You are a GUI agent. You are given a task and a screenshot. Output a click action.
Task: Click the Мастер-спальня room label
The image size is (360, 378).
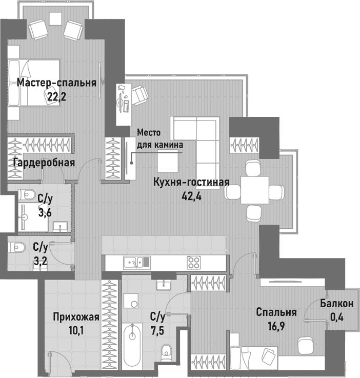(56, 83)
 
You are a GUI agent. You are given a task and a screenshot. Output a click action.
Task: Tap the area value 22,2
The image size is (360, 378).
(56, 96)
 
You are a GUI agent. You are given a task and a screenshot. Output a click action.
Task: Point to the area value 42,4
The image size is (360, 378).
(191, 195)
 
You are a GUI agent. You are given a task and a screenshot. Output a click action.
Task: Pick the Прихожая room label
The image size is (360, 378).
(76, 316)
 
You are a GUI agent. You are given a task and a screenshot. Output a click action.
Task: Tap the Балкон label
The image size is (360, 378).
(336, 304)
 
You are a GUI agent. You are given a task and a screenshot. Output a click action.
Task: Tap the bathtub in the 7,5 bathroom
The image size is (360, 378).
(133, 343)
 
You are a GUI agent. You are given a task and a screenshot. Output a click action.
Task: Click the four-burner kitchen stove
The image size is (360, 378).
(193, 262)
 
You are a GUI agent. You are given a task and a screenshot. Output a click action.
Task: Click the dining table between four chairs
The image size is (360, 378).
(255, 190)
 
